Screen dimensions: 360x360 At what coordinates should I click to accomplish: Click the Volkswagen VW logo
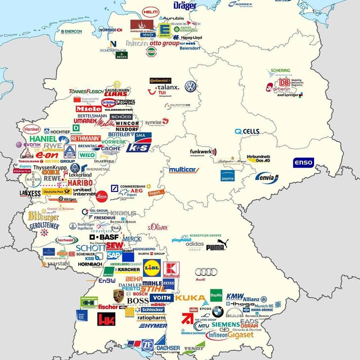(190, 87)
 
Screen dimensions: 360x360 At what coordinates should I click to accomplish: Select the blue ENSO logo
(303, 163)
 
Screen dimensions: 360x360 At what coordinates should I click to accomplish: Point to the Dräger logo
(185, 6)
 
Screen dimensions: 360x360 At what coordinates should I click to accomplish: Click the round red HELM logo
(151, 12)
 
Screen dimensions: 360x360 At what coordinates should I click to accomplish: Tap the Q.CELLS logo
(247, 132)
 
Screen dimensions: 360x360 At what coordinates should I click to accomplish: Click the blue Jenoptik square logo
(227, 175)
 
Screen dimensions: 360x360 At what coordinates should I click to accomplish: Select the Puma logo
(217, 245)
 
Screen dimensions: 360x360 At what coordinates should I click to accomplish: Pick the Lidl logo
(151, 268)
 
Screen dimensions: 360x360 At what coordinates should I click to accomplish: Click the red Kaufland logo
(171, 270)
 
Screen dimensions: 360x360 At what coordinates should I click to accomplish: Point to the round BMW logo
(218, 312)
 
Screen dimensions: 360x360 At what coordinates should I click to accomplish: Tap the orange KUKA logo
(190, 298)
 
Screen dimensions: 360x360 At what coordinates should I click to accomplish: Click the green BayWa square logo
(216, 295)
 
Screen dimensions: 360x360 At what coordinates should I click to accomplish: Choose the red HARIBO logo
(80, 183)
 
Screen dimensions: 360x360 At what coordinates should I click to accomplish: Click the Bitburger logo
(43, 216)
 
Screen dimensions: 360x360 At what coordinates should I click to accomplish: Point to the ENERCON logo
(71, 32)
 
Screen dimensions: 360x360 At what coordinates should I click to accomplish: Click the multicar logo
(184, 170)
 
